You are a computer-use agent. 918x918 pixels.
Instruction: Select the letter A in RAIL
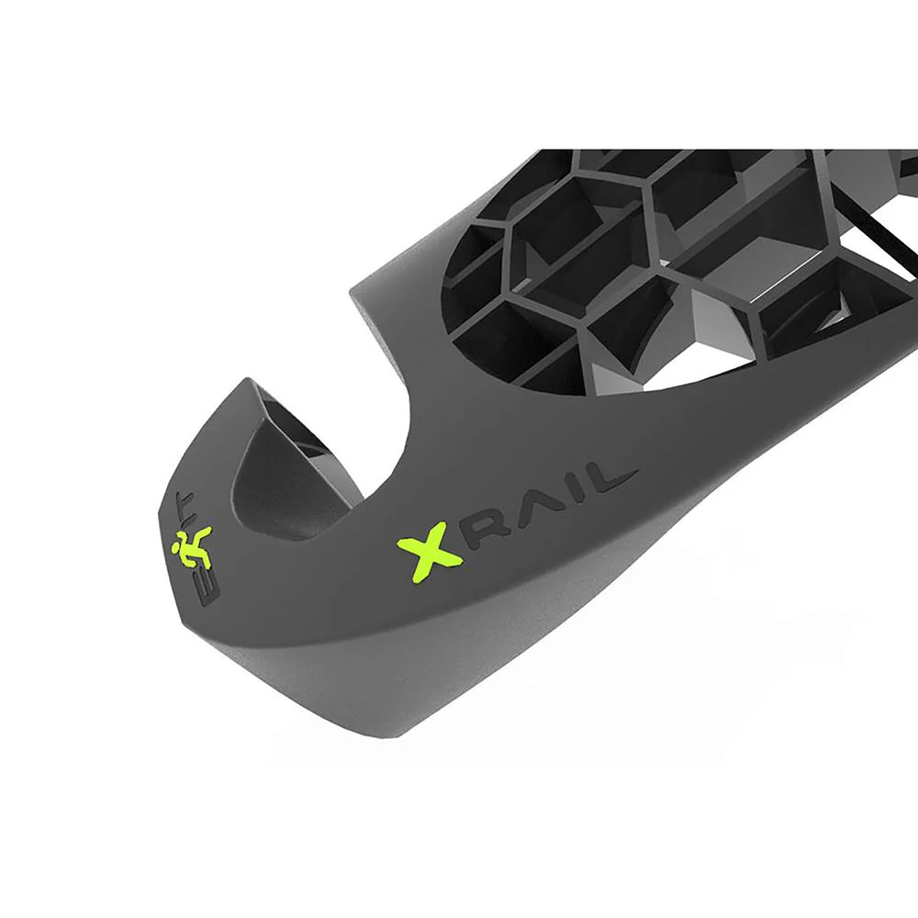click(x=531, y=509)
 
